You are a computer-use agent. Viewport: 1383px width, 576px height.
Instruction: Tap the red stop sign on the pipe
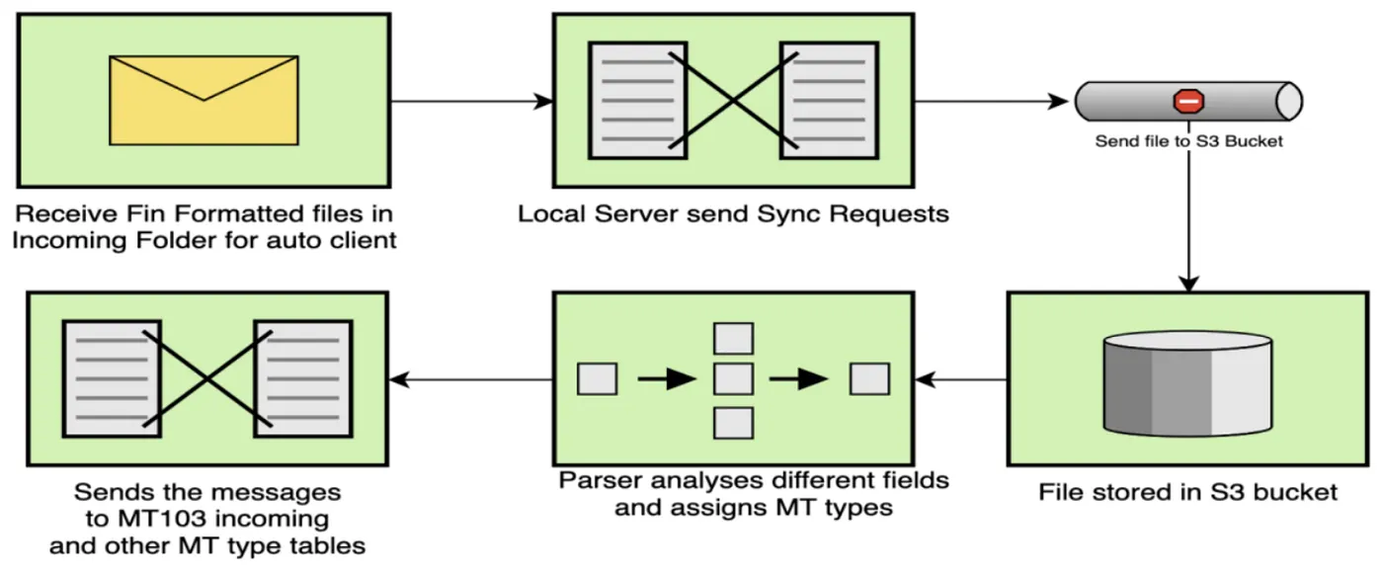pyautogui.click(x=1188, y=101)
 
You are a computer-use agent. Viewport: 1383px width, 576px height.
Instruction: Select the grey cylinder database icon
pyautogui.click(x=1187, y=383)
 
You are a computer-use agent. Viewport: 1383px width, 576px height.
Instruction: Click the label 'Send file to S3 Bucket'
pyautogui.click(x=1188, y=141)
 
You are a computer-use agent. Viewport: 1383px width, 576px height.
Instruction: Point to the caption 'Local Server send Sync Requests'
pyautogui.click(x=733, y=213)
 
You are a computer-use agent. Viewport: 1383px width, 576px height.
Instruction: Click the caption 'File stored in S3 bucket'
pyautogui.click(x=1187, y=492)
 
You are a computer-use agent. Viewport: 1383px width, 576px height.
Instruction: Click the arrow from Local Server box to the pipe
pyautogui.click(x=993, y=101)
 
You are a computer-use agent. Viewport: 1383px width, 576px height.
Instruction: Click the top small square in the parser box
pyautogui.click(x=733, y=339)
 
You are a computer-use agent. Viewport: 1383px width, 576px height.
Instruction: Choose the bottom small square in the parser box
pyautogui.click(x=733, y=422)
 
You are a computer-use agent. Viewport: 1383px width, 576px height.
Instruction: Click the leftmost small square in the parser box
pyautogui.click(x=597, y=378)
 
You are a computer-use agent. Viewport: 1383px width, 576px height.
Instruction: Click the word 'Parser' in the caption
pyautogui.click(x=597, y=481)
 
